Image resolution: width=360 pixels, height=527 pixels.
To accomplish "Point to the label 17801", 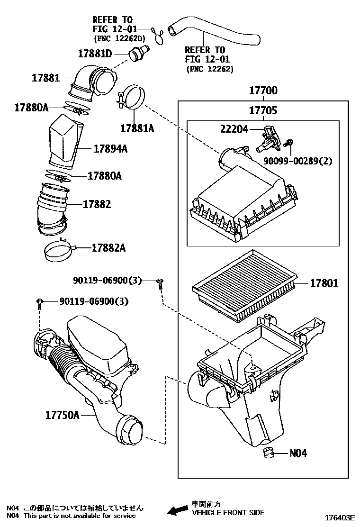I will [324, 283].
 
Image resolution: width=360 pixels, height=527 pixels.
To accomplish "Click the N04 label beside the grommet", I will [298, 453].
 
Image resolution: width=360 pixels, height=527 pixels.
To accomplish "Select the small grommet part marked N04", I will [270, 453].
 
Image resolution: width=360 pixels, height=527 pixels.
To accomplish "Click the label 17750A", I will [62, 415].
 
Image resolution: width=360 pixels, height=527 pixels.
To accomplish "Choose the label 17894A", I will [110, 149].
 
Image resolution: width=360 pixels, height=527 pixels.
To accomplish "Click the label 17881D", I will [96, 53].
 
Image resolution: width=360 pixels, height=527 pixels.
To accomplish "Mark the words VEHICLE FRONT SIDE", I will [228, 512].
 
